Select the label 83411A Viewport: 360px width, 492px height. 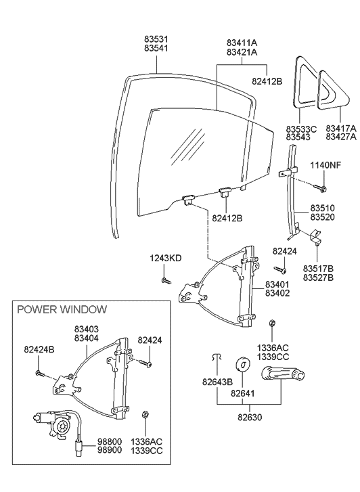[x=242, y=43]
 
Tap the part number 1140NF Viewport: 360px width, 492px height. [x=325, y=166]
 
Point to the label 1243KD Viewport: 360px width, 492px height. [x=166, y=258]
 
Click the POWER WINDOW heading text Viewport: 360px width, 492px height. [x=62, y=309]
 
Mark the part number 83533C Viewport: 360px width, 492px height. [x=301, y=128]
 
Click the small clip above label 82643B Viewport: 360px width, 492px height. [x=215, y=357]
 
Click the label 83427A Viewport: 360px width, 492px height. [x=340, y=137]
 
